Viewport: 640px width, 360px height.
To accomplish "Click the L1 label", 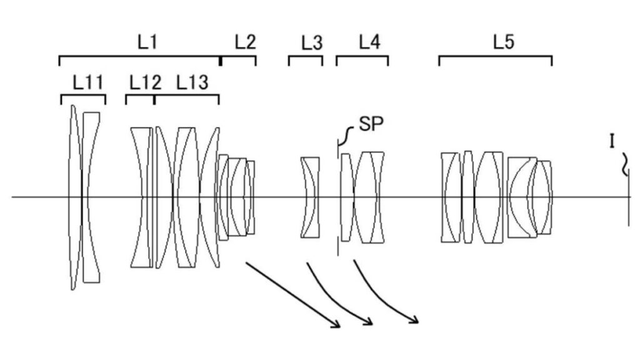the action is tap(147, 42).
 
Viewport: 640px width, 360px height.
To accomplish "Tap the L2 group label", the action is tap(245, 42).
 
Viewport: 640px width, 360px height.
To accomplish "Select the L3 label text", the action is tap(312, 42).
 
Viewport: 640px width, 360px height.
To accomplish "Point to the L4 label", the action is tap(370, 42).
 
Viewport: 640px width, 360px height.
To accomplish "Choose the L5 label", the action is tap(504, 42).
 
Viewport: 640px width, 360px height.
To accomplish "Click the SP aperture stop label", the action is tap(371, 124).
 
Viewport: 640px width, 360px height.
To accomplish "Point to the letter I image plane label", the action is tap(612, 141).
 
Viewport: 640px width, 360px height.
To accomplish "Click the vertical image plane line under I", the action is tap(629, 197).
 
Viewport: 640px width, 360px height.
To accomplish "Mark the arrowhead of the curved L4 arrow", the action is tap(414, 319).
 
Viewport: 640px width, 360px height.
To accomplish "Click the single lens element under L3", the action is tap(310, 197).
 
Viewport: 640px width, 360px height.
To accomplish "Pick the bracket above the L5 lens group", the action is tap(496, 57).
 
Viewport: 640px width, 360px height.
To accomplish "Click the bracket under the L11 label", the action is tap(83, 96).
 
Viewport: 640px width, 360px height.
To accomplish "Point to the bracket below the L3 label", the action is tap(306, 57).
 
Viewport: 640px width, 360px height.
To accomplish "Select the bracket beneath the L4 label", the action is tap(362, 57).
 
